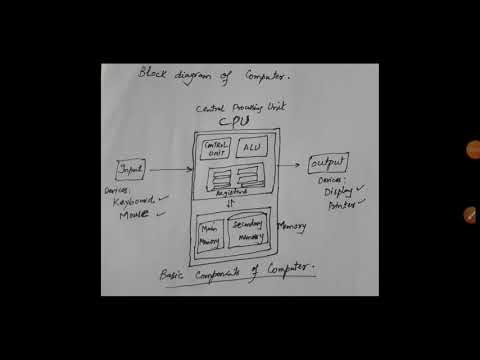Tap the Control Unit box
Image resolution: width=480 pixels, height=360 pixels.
(x=216, y=150)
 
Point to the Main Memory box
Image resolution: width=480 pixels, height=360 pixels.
(x=210, y=232)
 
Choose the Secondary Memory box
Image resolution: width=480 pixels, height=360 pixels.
(x=248, y=231)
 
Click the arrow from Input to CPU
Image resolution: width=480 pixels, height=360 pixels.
(x=170, y=170)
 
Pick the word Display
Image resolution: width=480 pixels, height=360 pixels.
(x=337, y=193)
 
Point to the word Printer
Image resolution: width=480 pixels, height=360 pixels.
(x=337, y=209)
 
